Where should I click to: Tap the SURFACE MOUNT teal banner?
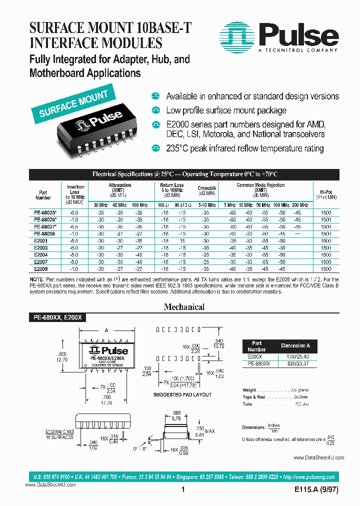point(73,103)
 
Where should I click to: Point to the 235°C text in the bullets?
point(178,148)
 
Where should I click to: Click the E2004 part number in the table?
point(41,254)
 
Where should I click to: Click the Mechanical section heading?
point(184,307)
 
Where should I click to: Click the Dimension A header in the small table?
point(295,345)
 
